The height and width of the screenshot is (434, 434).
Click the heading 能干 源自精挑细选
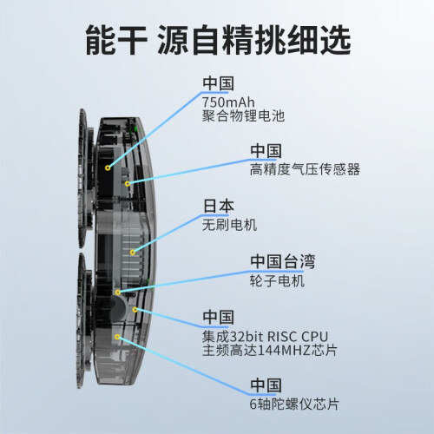coord(218,40)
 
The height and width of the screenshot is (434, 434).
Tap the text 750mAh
coord(228,102)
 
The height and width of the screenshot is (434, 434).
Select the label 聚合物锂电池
coord(243,116)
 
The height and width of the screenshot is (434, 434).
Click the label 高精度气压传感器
coord(305,169)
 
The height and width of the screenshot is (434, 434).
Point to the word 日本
coord(219,206)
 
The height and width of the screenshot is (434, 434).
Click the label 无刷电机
coord(229,225)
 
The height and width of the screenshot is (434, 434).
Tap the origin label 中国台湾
coord(283,261)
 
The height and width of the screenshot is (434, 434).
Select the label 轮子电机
coord(277,280)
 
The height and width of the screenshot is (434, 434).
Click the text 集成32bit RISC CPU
coord(265,337)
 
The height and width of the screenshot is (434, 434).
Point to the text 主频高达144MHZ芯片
coord(270,351)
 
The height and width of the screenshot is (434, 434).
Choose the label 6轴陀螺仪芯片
coord(294,404)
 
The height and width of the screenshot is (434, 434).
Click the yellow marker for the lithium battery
coord(108,168)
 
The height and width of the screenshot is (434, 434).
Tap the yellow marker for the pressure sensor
coord(128,183)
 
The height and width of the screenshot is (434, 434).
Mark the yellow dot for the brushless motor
coord(132,253)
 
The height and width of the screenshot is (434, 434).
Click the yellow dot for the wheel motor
coord(117,293)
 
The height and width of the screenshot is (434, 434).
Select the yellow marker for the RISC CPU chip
coord(135,310)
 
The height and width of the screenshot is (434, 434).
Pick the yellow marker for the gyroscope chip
coord(117,337)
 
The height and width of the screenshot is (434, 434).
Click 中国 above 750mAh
coord(218,83)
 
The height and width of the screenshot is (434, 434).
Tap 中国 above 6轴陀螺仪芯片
coord(266,385)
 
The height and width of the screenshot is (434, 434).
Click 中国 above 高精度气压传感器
coord(266,151)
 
